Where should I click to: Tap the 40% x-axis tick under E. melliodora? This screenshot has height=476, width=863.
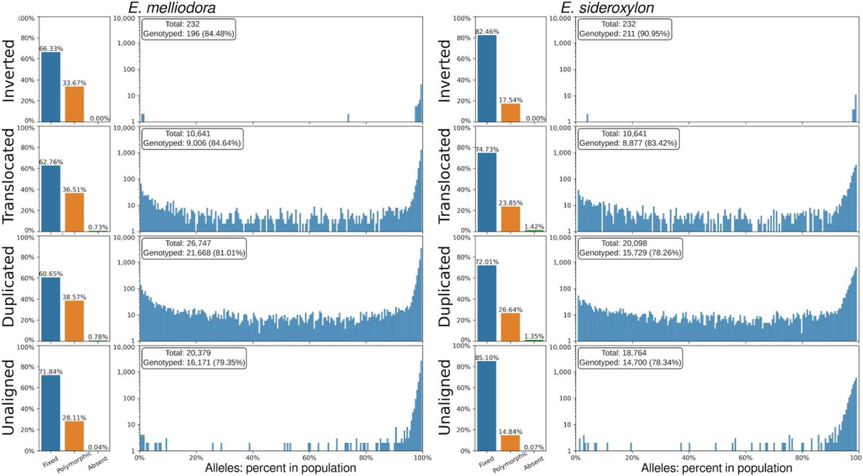[x=252, y=457]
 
